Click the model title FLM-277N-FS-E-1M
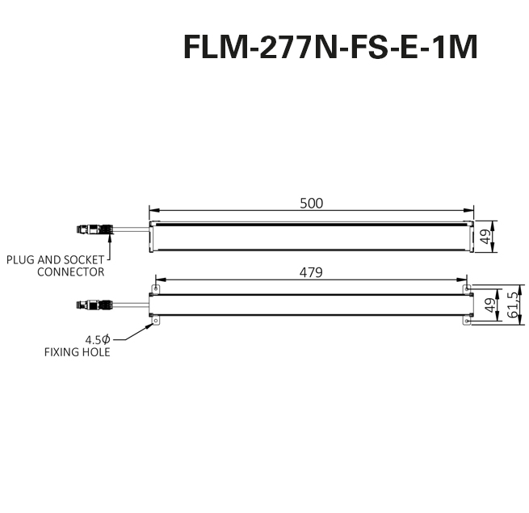coord(330,48)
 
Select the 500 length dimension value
coord(311,203)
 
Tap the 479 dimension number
coord(311,272)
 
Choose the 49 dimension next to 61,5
coord(489,305)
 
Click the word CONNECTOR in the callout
coord(71,272)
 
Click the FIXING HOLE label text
coord(78,352)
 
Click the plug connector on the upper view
coord(91,229)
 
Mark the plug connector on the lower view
coord(91,305)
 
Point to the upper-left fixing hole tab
coord(156,288)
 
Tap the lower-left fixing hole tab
coord(156,322)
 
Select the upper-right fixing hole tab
coord(466,288)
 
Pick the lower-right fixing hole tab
coord(466,322)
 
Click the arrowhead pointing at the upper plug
coord(107,238)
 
